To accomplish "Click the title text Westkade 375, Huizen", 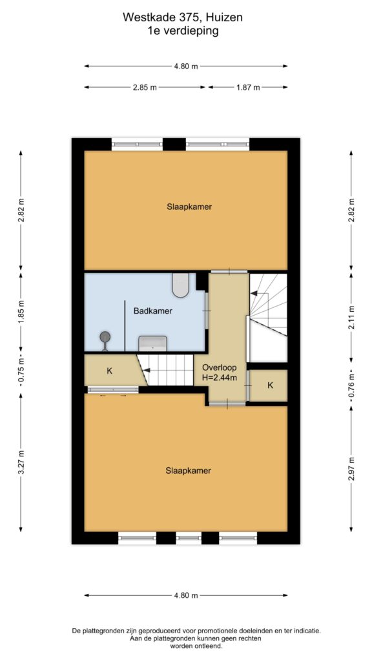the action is [x=183, y=17].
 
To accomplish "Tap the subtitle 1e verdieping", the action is [x=183, y=31].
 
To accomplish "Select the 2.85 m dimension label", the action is [x=145, y=87].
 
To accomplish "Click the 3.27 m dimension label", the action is [x=21, y=462].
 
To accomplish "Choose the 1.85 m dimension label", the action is [x=21, y=310].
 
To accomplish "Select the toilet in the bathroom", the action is [x=181, y=285].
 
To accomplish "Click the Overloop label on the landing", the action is [x=220, y=367].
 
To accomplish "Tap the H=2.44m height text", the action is [x=220, y=378].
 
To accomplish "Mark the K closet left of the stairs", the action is [x=110, y=371].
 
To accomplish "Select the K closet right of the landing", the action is [x=271, y=385].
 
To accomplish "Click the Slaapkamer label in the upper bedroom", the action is [x=189, y=207].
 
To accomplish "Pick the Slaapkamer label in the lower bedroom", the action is [x=188, y=471].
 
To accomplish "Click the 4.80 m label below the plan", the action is [x=186, y=595].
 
